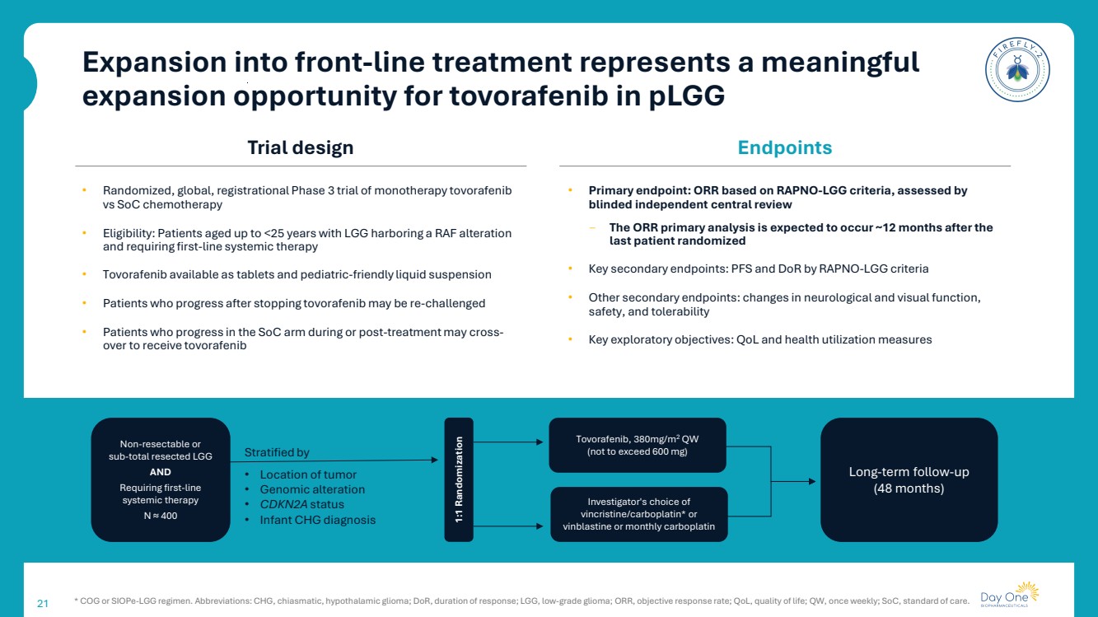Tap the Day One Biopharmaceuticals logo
click(x=1010, y=596)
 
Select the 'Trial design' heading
click(x=300, y=148)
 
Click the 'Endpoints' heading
click(x=784, y=148)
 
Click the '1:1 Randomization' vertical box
click(x=459, y=480)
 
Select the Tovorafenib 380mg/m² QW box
click(x=638, y=445)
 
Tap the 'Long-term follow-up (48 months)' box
click(x=909, y=479)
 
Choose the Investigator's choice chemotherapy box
click(x=638, y=514)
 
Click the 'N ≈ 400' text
click(x=160, y=516)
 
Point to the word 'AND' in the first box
click(x=160, y=472)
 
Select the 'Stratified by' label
click(x=277, y=452)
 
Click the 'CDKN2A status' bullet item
click(x=301, y=504)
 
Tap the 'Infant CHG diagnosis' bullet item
click(x=317, y=520)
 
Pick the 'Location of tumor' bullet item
click(x=308, y=474)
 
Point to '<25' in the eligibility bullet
click(x=273, y=233)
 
